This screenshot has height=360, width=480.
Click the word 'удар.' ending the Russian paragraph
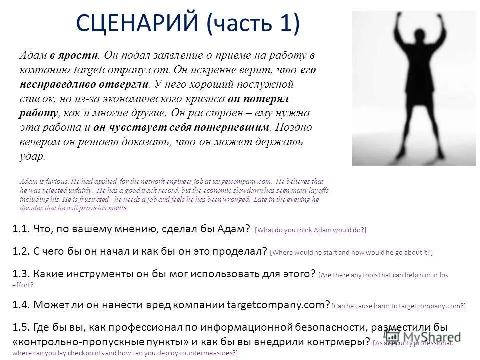click(33, 156)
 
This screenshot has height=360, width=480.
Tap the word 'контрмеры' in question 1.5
click(332, 342)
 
